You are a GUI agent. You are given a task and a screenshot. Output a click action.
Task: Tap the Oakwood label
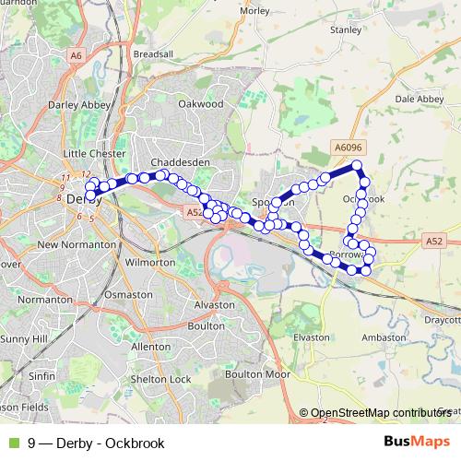click(x=201, y=104)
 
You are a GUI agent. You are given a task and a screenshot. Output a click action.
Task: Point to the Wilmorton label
click(x=148, y=263)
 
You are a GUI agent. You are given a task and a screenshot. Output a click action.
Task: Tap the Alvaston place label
click(x=219, y=303)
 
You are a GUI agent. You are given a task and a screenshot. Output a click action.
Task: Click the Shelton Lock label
click(x=160, y=379)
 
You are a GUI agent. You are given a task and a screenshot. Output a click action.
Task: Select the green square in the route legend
click(x=13, y=443)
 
